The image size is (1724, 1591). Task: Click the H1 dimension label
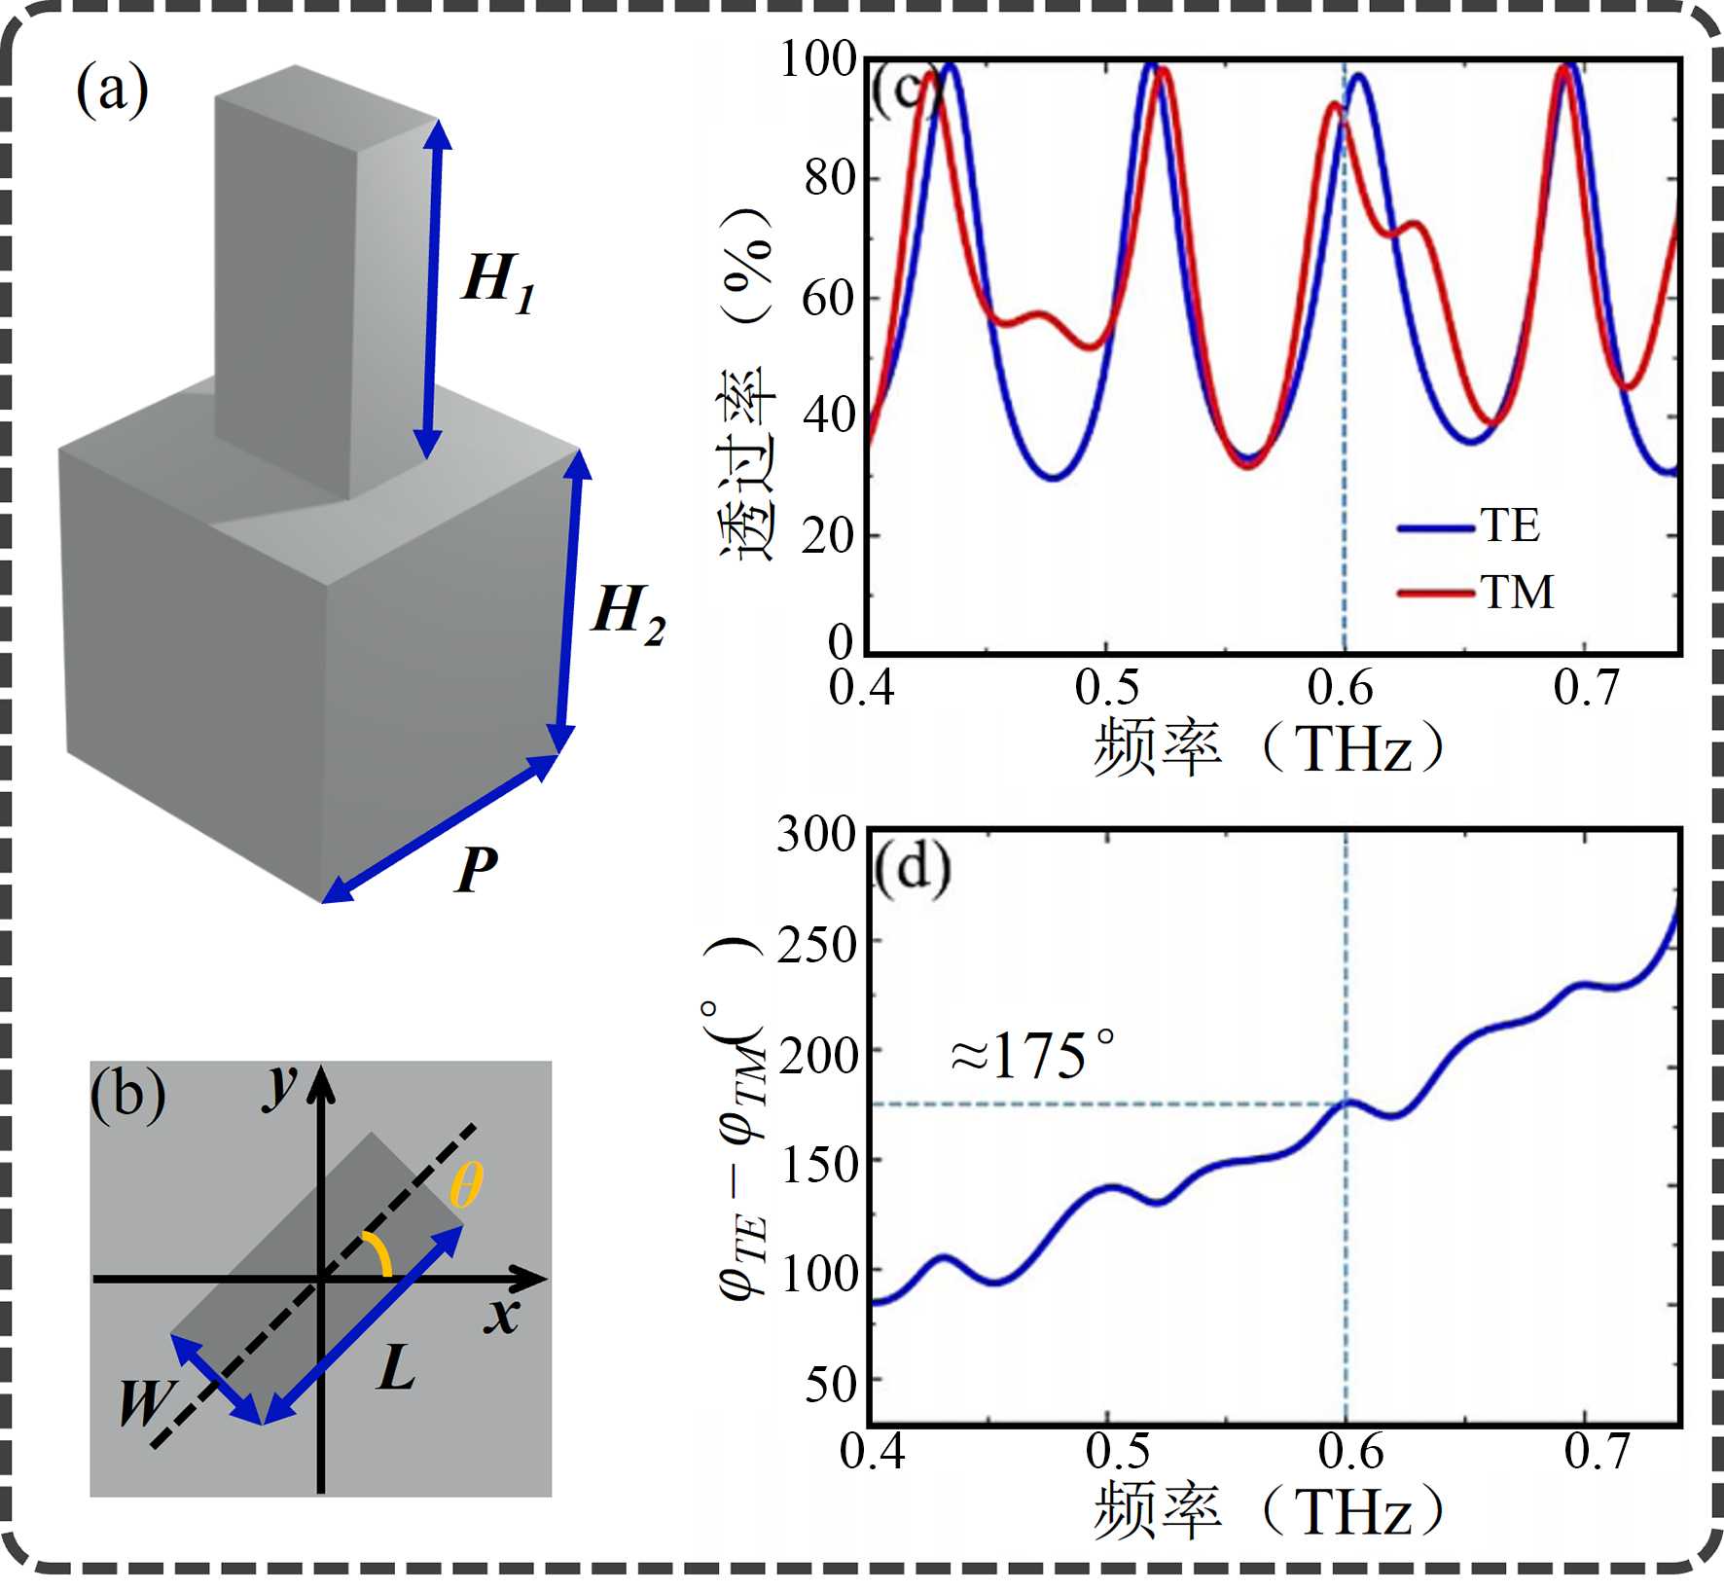(x=498, y=283)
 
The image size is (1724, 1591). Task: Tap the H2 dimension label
(x=629, y=613)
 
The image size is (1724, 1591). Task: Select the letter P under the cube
(x=477, y=868)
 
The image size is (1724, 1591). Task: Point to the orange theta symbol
(x=466, y=1185)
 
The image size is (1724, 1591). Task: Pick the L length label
(x=397, y=1368)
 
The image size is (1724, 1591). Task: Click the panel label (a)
(x=112, y=90)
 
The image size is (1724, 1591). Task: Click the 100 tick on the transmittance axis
(x=817, y=60)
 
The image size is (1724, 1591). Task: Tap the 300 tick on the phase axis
(x=815, y=835)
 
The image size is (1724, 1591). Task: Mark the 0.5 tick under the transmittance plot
(x=1106, y=688)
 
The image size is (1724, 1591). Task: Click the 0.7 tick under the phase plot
(x=1597, y=1453)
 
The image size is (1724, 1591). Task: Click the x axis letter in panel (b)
(x=503, y=1317)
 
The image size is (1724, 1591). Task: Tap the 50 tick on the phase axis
(x=830, y=1385)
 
